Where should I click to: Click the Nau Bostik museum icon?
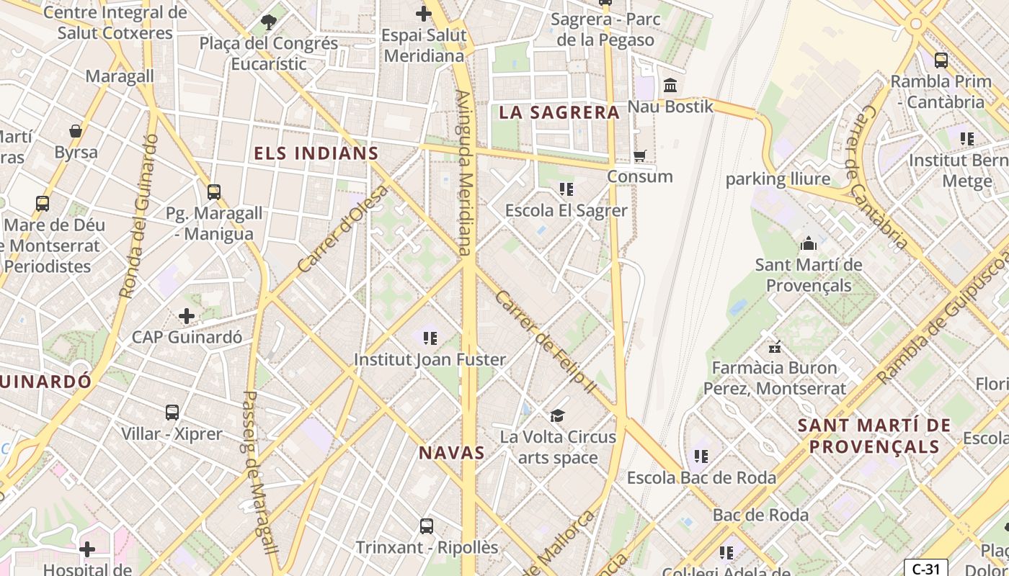670,86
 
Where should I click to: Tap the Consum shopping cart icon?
639,156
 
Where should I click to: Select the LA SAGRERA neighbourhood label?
559,112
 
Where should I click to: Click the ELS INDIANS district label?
316,153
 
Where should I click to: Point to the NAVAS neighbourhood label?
452,453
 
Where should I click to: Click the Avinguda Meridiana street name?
465,173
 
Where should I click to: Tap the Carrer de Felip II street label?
545,342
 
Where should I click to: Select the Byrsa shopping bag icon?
76,131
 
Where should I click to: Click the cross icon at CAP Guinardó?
187,315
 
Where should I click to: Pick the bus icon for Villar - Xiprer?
172,413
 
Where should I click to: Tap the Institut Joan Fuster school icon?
430,338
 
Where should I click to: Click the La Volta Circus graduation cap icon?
557,415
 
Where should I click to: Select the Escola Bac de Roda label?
701,478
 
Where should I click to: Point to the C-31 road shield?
925,569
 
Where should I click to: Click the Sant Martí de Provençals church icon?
808,243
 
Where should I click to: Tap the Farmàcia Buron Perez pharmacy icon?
775,347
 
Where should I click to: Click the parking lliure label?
778,179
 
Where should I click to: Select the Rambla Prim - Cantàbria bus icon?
941,60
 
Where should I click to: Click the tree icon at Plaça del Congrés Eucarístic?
269,22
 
